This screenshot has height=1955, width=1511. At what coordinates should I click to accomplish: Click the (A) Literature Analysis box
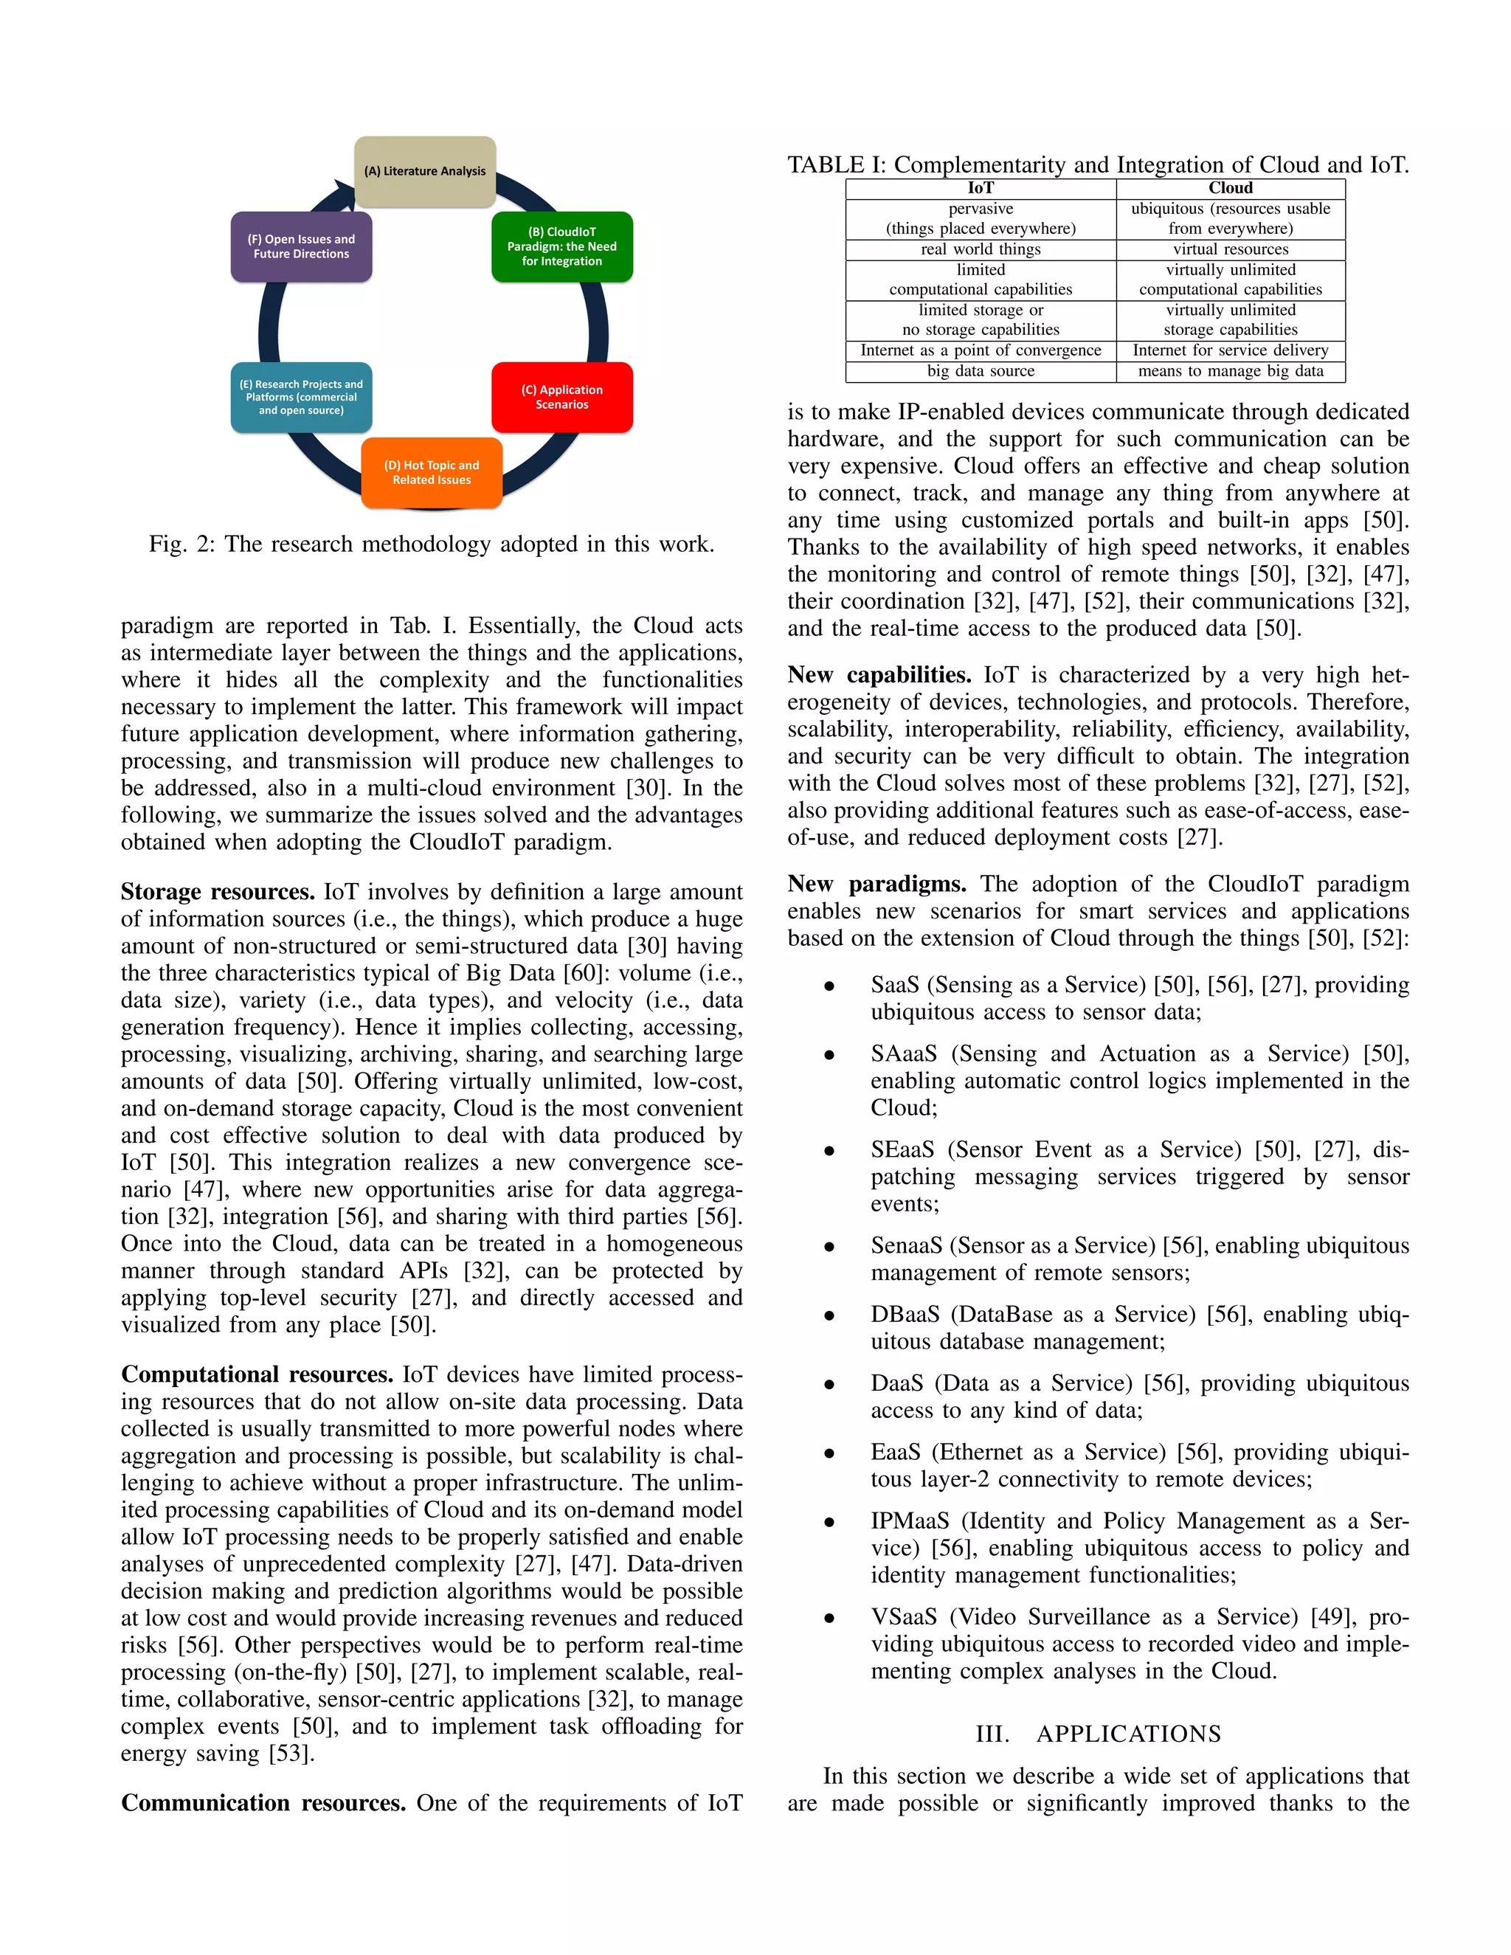[424, 171]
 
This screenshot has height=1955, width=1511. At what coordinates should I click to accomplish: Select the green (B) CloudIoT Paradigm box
[561, 246]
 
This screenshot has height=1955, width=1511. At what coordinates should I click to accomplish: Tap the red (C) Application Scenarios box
[561, 397]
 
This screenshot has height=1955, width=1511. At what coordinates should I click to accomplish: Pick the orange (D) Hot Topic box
[432, 473]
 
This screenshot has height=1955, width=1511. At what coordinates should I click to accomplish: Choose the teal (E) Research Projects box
[301, 397]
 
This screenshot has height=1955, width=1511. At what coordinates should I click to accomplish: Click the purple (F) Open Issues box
[301, 246]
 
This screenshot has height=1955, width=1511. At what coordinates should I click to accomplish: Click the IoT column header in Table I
[981, 188]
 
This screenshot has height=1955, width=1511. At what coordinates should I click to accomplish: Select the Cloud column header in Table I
[1230, 188]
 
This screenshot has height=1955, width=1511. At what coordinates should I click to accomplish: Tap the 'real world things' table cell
[981, 249]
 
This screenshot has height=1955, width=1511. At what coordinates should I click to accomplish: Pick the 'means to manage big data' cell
[1230, 370]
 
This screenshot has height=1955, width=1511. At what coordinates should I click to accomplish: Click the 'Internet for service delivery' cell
[1230, 350]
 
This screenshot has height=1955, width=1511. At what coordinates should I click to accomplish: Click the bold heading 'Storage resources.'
[218, 892]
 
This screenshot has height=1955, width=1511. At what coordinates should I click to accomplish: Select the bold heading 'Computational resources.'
[257, 1374]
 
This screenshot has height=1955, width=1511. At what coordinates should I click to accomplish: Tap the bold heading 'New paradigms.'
[876, 885]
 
